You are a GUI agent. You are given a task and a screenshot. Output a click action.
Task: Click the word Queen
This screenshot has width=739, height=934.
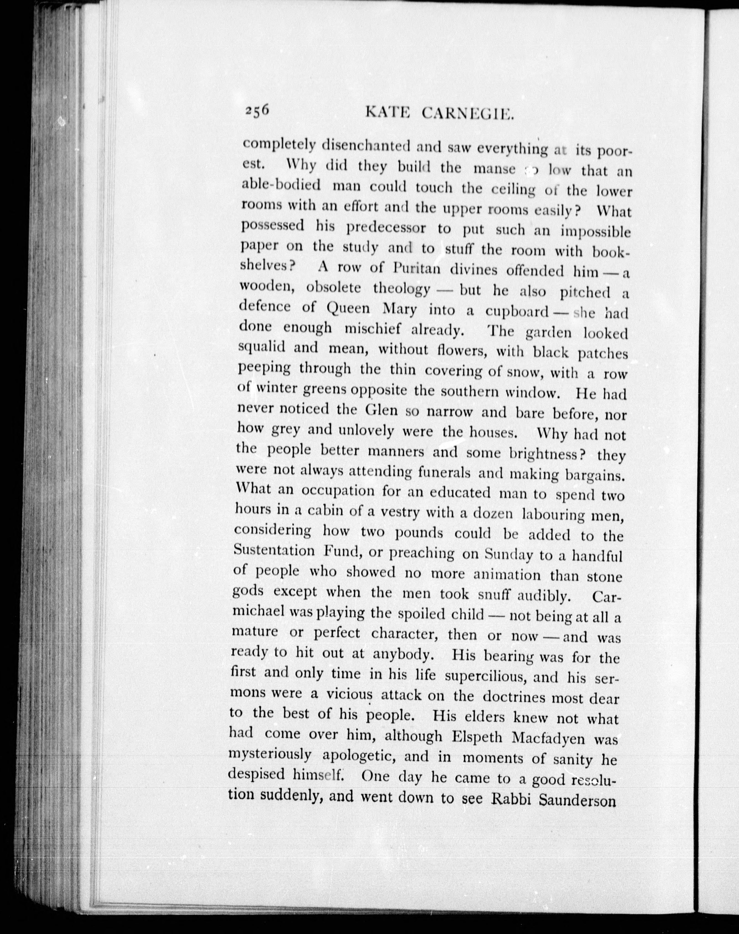pos(348,308)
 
